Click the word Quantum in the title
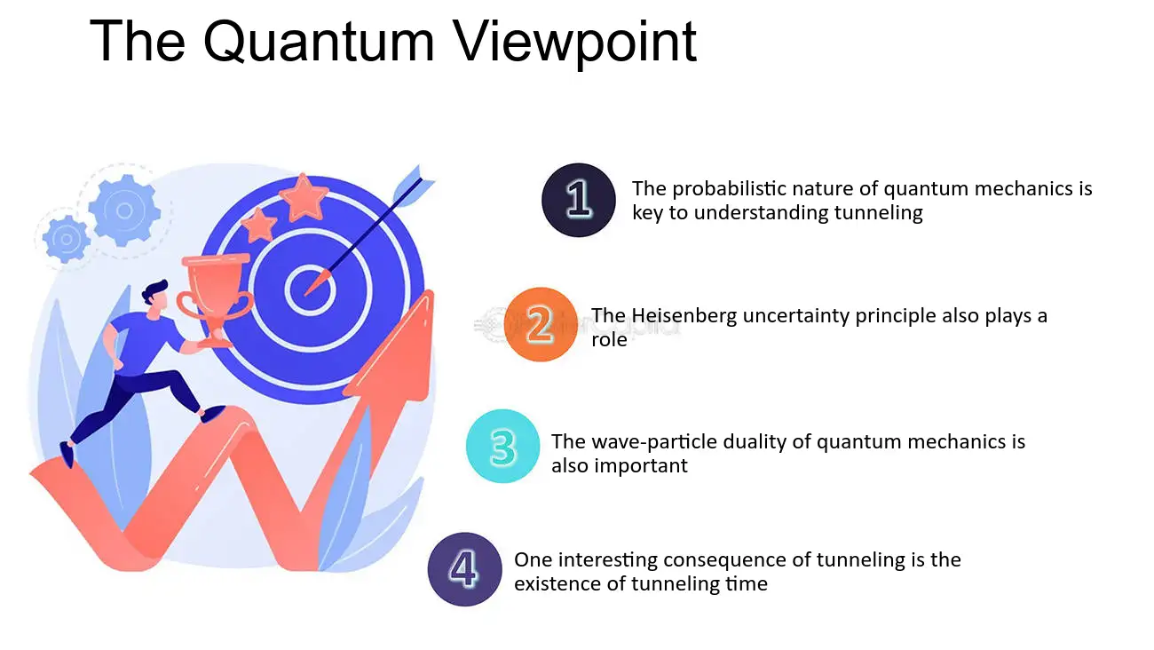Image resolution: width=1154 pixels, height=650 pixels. (x=319, y=41)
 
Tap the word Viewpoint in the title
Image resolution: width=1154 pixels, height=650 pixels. (x=575, y=44)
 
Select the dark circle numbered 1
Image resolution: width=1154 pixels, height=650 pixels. (x=579, y=200)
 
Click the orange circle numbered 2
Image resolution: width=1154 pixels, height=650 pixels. (x=541, y=324)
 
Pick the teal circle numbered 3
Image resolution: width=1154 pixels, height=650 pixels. (x=502, y=446)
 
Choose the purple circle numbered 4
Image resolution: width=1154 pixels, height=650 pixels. (x=464, y=569)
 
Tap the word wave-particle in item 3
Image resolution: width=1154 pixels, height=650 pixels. (x=653, y=441)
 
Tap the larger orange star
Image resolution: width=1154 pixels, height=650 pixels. (x=304, y=198)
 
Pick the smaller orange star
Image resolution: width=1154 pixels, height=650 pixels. (x=258, y=225)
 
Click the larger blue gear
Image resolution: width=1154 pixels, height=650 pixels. (x=124, y=210)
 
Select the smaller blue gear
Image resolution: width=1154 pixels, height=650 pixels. (x=66, y=239)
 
